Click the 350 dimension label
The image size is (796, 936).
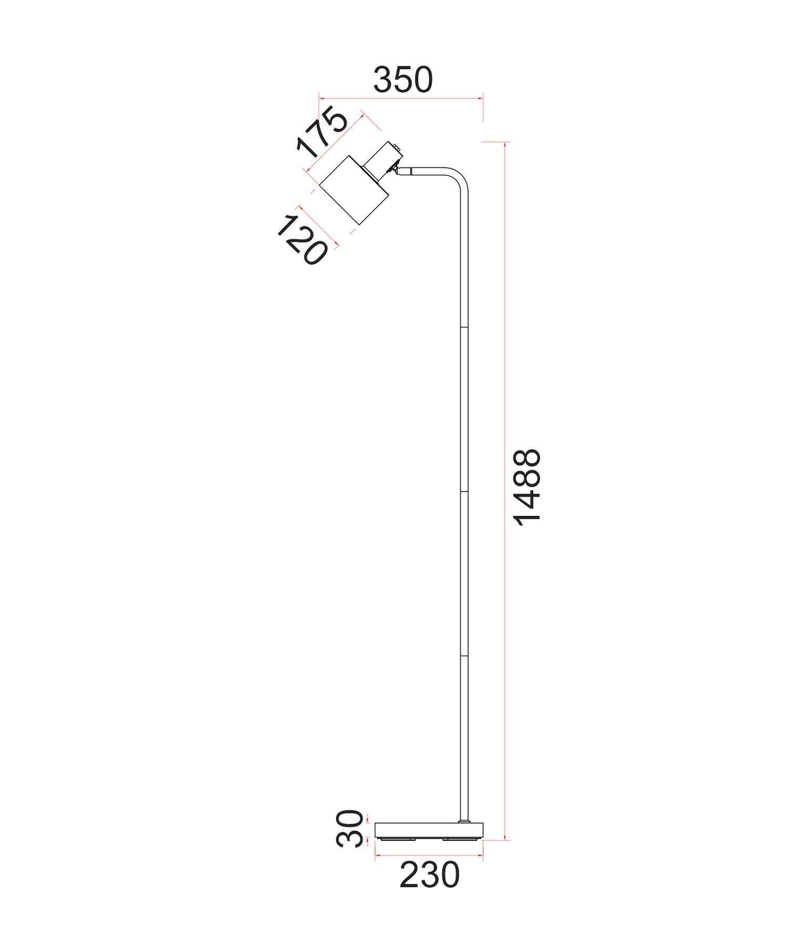pyautogui.click(x=402, y=80)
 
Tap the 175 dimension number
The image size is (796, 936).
pyautogui.click(x=322, y=133)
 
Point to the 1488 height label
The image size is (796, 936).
pyautogui.click(x=527, y=487)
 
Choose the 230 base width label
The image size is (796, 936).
pyautogui.click(x=429, y=876)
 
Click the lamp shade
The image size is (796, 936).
pyautogui.click(x=354, y=190)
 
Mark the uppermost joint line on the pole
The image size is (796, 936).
pyautogui.click(x=464, y=327)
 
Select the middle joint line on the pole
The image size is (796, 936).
pyautogui.click(x=464, y=492)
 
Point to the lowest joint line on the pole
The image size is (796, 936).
pyautogui.click(x=464, y=656)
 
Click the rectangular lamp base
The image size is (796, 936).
pyautogui.click(x=428, y=830)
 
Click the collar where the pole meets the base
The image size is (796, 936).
pyautogui.click(x=464, y=821)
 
